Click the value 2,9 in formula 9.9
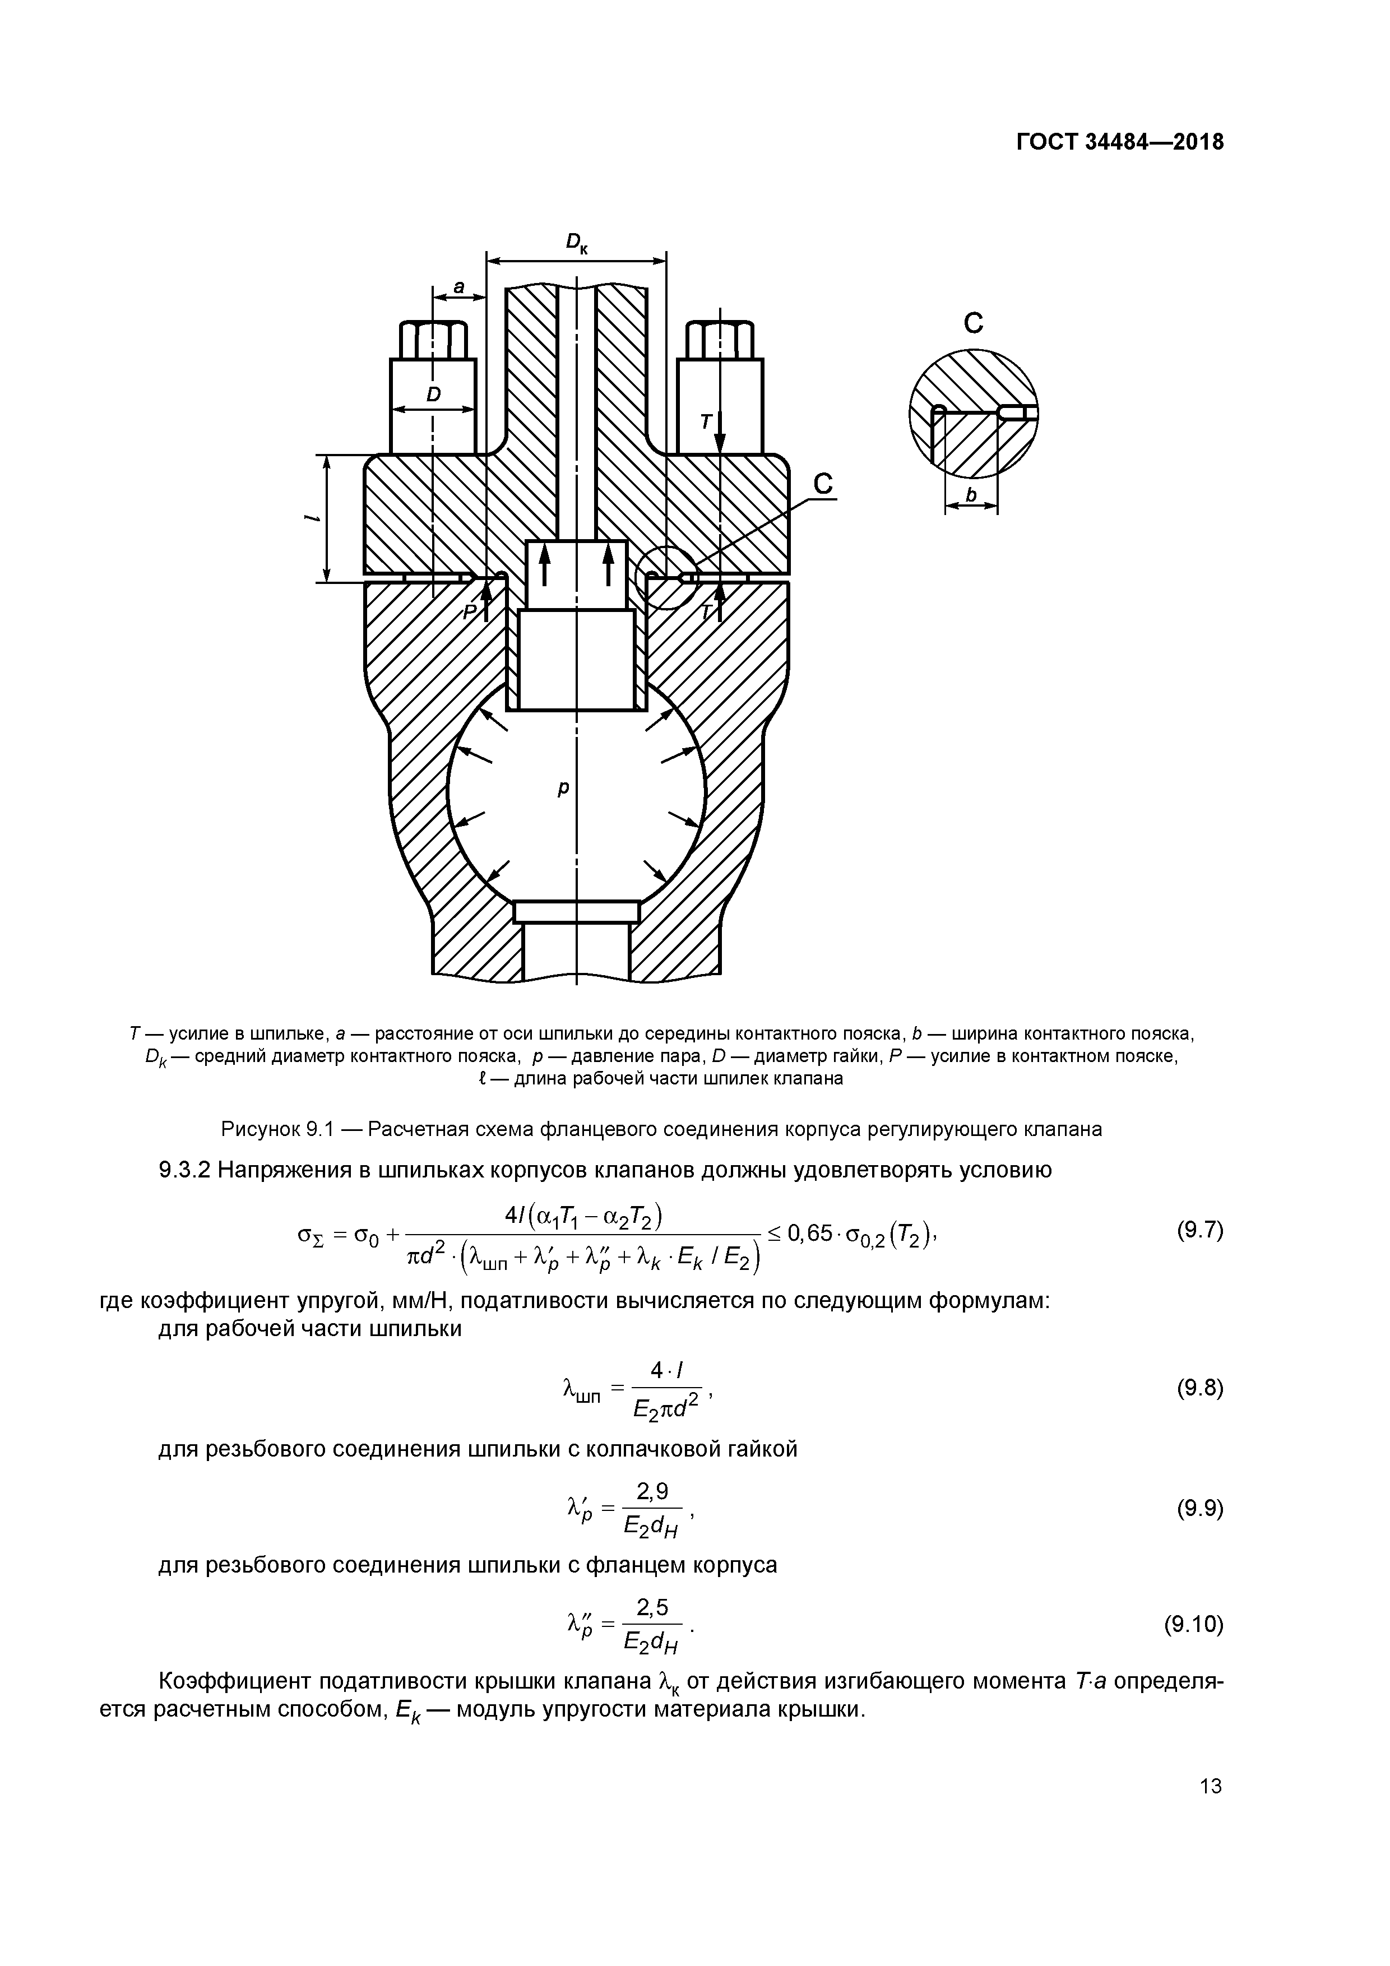[x=652, y=1492]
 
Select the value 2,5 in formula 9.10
[x=652, y=1609]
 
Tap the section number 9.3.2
[x=185, y=1171]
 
